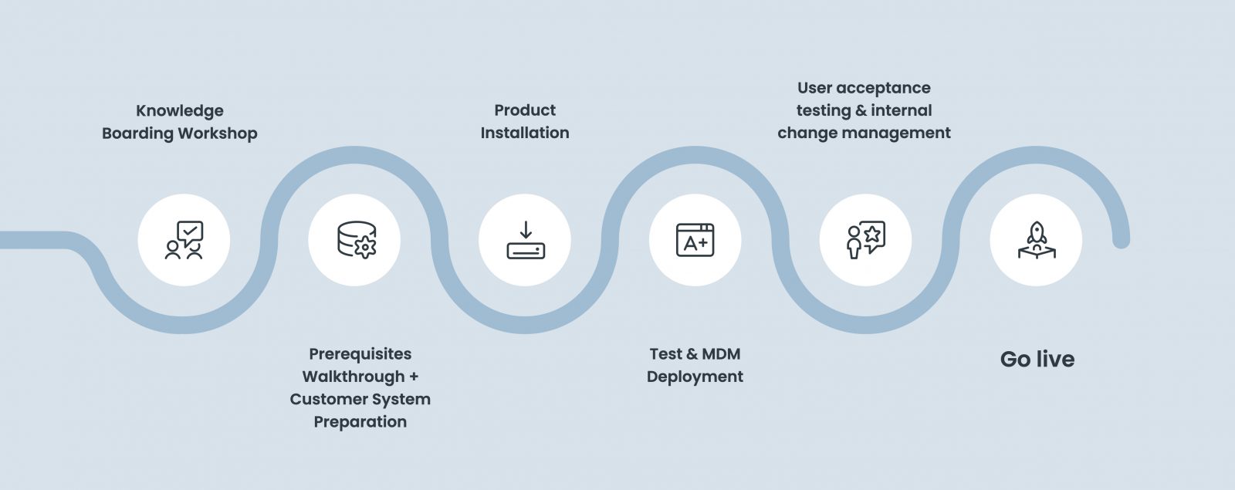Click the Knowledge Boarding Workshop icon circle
(x=184, y=240)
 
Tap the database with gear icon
(x=355, y=240)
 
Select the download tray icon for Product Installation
(x=525, y=240)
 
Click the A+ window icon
(x=695, y=240)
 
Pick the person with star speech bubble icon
(x=865, y=240)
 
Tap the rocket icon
(x=1036, y=240)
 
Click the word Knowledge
(x=180, y=110)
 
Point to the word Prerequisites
(x=360, y=354)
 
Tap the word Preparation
(x=360, y=422)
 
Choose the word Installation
(x=525, y=133)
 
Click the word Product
(x=525, y=110)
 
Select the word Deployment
(x=695, y=377)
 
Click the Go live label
(x=1037, y=360)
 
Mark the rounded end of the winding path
(x=1121, y=241)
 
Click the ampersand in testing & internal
(x=861, y=110)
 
